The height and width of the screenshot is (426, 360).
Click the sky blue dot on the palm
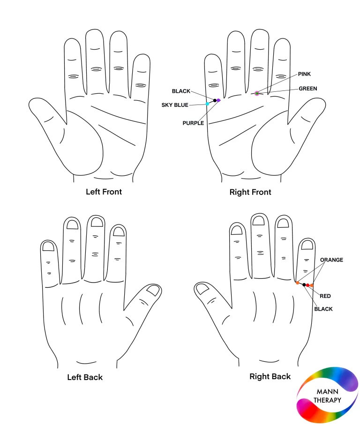pyautogui.click(x=207, y=104)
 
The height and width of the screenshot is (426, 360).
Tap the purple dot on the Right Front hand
pyautogui.click(x=218, y=100)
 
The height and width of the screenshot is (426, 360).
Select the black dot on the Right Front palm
pyautogui.click(x=215, y=100)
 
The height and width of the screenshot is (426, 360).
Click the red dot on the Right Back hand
pyautogui.click(x=307, y=285)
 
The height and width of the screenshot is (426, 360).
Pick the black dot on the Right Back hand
pyautogui.click(x=304, y=285)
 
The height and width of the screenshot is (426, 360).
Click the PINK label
pyautogui.click(x=304, y=74)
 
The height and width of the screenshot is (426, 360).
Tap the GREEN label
pyautogui.click(x=308, y=89)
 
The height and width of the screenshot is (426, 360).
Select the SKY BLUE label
pyautogui.click(x=175, y=105)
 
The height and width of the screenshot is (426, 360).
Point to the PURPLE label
pyautogui.click(x=193, y=123)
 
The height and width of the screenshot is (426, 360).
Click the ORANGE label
pyautogui.click(x=331, y=260)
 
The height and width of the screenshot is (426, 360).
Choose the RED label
pyautogui.click(x=325, y=296)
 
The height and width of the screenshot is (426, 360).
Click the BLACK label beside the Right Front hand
pyautogui.click(x=181, y=91)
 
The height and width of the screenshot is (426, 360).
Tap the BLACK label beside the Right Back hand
pyautogui.click(x=323, y=309)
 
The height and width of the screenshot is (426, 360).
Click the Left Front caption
pyautogui.click(x=104, y=192)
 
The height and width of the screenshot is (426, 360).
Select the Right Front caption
pyautogui.click(x=250, y=192)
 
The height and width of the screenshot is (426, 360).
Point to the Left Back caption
pyautogui.click(x=85, y=377)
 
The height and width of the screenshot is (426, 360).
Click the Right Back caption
pyautogui.click(x=270, y=376)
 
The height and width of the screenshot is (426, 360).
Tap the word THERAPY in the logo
pyautogui.click(x=327, y=400)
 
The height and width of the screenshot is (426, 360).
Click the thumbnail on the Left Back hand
pyautogui.click(x=153, y=290)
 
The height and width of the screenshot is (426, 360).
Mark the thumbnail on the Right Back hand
pyautogui.click(x=202, y=289)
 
